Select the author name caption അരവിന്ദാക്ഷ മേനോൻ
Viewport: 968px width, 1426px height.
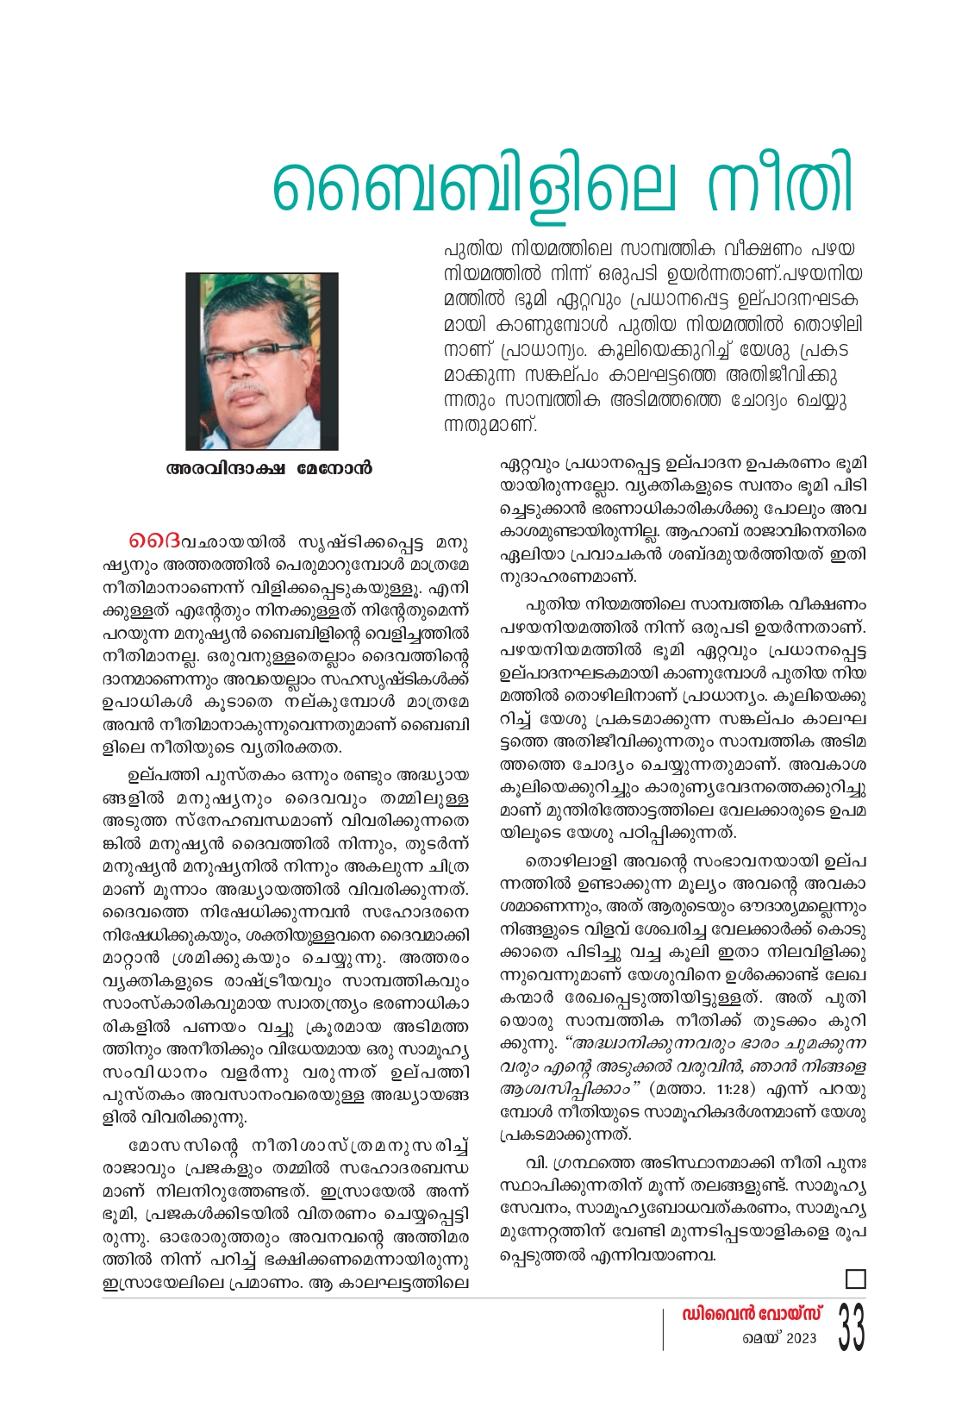(x=269, y=470)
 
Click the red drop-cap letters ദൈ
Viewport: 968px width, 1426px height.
(x=155, y=543)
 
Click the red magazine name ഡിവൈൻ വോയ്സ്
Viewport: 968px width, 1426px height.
(x=752, y=1314)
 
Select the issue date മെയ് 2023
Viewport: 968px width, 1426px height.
(x=779, y=1338)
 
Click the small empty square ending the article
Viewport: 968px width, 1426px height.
(x=855, y=1279)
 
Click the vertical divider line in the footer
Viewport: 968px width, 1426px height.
(x=663, y=1329)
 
